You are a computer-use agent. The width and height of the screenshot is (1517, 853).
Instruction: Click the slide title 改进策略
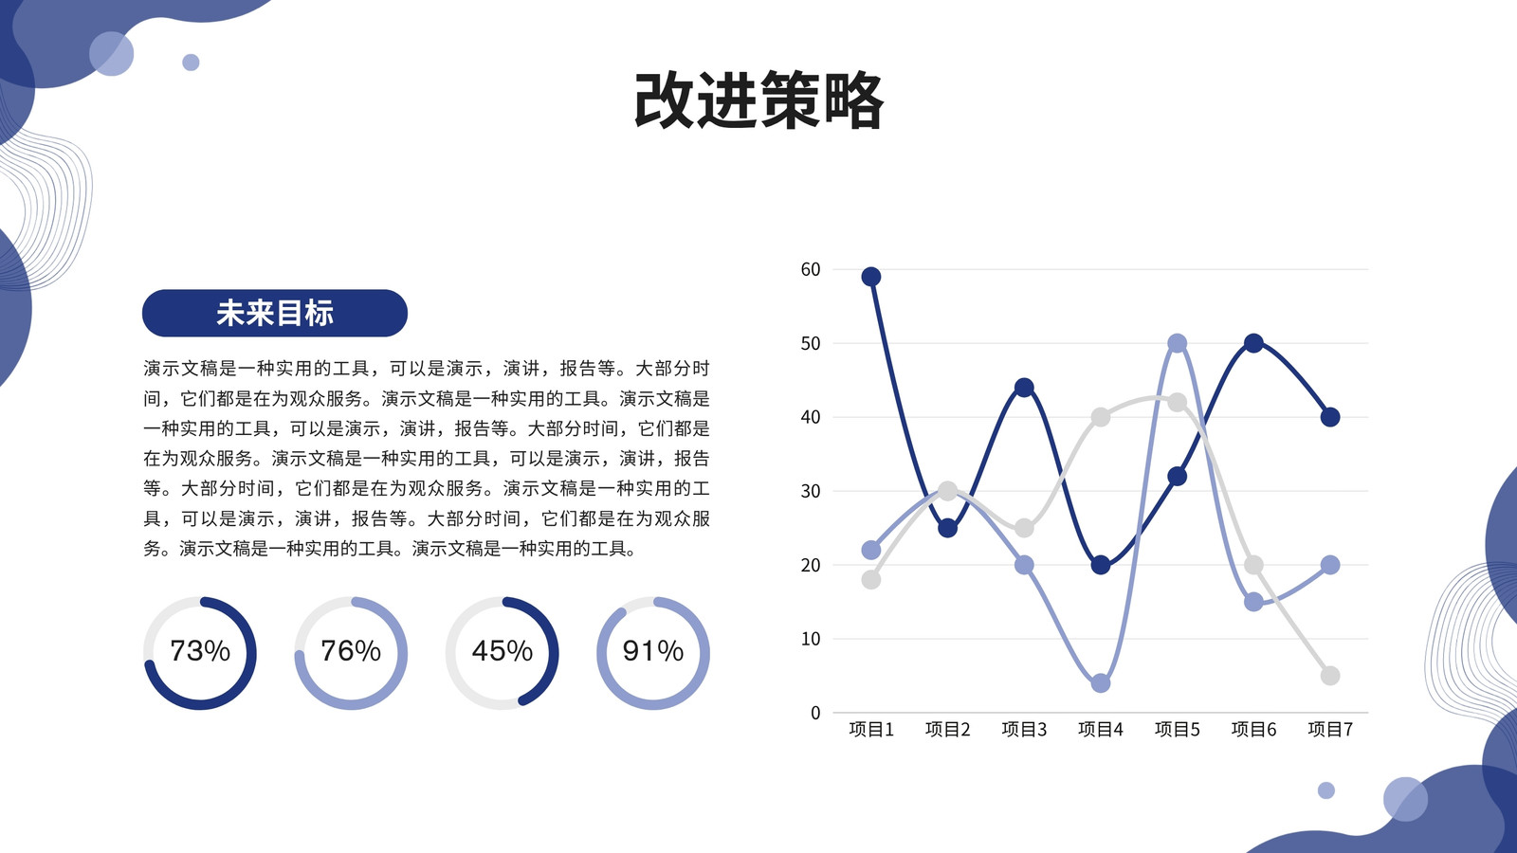(x=758, y=101)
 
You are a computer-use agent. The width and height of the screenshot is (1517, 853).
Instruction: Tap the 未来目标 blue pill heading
(x=274, y=313)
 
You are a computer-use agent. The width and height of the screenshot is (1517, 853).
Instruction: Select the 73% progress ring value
(x=200, y=650)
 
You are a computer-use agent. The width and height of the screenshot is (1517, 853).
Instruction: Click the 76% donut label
(x=351, y=650)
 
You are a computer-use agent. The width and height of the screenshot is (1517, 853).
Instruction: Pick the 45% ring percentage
(x=502, y=650)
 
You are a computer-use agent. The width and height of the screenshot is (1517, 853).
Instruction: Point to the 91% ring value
(x=653, y=650)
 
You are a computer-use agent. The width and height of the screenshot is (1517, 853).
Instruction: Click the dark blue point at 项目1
(x=871, y=276)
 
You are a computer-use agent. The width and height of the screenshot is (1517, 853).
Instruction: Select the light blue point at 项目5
(x=1177, y=343)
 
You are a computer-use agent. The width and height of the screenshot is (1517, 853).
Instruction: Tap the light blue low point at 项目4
(x=1101, y=683)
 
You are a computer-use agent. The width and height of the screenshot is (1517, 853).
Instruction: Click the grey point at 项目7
(x=1330, y=676)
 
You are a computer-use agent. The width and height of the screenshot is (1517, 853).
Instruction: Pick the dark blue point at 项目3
(x=1024, y=388)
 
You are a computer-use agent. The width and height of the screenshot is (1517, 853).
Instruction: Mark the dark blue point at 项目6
(x=1253, y=343)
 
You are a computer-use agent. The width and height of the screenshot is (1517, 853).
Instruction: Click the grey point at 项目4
(x=1101, y=417)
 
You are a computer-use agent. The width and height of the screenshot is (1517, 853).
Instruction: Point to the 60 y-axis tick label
(x=811, y=269)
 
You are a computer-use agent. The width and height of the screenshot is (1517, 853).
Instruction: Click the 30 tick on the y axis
(x=811, y=491)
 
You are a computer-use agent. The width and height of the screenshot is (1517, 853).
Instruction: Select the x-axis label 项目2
(x=947, y=729)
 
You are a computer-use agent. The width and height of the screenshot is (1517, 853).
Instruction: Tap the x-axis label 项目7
(x=1330, y=729)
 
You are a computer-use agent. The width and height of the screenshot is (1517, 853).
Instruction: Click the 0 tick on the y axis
(x=815, y=712)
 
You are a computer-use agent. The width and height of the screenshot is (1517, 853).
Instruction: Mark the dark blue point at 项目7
(x=1330, y=417)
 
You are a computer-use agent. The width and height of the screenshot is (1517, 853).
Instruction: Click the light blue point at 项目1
(x=871, y=550)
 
